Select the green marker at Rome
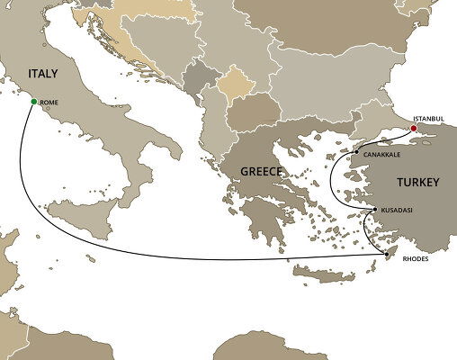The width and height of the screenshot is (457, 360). point(33,102)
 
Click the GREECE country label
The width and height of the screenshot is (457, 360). point(262,171)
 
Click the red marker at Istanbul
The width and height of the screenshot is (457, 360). point(414,129)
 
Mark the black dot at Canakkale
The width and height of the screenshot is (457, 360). point(356,153)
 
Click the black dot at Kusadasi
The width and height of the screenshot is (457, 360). point(374,210)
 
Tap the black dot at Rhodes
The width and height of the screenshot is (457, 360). point(388,255)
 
